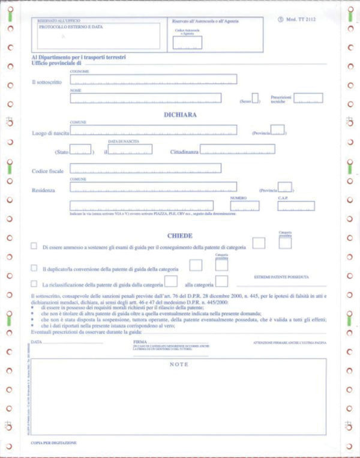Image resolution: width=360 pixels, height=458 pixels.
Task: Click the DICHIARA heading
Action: pyautogui.click(x=180, y=114)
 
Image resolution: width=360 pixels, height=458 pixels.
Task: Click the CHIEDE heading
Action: pyautogui.click(x=179, y=235)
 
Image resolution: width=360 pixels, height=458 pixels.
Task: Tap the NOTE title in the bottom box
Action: pyautogui.click(x=179, y=364)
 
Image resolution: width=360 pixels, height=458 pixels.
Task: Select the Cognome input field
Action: pyautogui.click(x=153, y=79)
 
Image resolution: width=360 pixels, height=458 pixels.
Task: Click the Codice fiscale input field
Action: pyautogui.click(x=145, y=168)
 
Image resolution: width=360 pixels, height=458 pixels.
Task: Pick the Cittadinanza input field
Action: pyautogui.click(x=237, y=149)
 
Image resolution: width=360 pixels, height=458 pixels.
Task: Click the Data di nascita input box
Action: pyautogui.click(x=130, y=149)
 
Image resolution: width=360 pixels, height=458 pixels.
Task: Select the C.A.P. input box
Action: pyautogui.click(x=295, y=205)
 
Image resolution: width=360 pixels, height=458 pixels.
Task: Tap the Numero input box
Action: pyautogui.click(x=244, y=205)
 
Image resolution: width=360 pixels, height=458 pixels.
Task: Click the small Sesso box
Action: pyautogui.click(x=255, y=98)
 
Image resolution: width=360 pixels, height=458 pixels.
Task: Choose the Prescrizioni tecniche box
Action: pyautogui.click(x=308, y=98)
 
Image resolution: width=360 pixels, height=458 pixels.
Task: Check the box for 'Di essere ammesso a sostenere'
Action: pyautogui.click(x=34, y=246)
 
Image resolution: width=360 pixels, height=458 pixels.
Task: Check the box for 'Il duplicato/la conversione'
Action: pyautogui.click(x=34, y=268)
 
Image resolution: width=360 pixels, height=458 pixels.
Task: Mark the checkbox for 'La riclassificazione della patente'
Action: pyautogui.click(x=34, y=283)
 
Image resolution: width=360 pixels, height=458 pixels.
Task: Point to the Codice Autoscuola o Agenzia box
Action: pyautogui.click(x=187, y=42)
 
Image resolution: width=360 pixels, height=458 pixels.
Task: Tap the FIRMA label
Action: pyautogui.click(x=139, y=342)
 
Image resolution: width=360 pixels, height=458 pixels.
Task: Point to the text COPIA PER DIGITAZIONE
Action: pyautogui.click(x=54, y=442)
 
